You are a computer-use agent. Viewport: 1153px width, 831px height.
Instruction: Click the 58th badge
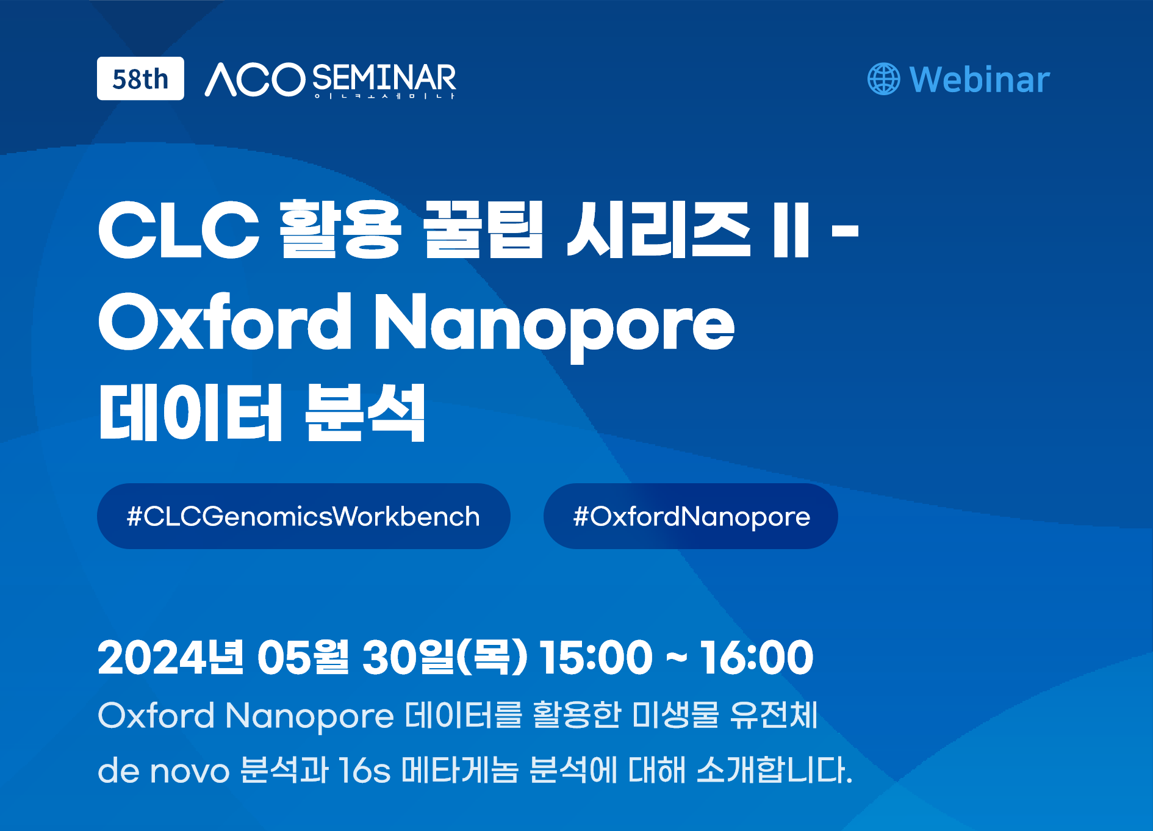point(140,79)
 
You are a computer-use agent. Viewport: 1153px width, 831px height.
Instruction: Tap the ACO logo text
point(255,80)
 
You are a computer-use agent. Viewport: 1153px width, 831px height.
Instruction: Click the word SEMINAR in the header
point(384,79)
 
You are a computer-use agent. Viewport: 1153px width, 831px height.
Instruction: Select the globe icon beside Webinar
point(883,79)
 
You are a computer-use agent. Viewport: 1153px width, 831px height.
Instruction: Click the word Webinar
point(979,79)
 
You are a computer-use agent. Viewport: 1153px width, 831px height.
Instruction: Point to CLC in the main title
point(179,230)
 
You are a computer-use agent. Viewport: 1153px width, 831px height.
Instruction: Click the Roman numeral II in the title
point(791,230)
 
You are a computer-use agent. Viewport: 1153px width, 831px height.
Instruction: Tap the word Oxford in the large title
point(224,321)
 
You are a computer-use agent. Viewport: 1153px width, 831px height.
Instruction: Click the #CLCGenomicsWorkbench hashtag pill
point(304,516)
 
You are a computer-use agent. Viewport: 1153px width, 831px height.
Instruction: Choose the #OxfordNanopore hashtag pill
point(691,516)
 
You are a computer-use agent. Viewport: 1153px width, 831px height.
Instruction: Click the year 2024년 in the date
point(171,657)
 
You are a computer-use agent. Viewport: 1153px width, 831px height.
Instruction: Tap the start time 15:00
point(596,657)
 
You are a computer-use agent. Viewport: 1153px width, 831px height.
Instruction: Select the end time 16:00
point(756,657)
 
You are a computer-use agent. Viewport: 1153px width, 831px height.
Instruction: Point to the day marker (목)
point(492,657)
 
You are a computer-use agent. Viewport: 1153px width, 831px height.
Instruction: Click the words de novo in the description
point(163,770)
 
